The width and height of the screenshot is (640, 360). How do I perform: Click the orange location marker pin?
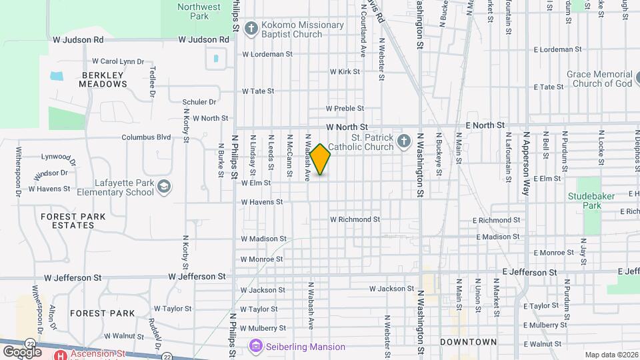(x=320, y=159)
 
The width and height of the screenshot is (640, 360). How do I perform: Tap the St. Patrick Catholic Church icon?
(x=403, y=141)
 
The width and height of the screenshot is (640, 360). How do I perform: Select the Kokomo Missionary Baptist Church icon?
(x=251, y=28)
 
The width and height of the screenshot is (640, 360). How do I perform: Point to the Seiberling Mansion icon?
(x=255, y=347)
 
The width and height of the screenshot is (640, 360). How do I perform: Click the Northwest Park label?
(x=199, y=11)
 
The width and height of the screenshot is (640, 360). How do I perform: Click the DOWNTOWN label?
(x=468, y=342)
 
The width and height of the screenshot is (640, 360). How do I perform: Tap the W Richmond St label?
(x=355, y=219)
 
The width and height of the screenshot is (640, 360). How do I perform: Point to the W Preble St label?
(x=345, y=108)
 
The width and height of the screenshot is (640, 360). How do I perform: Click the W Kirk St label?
(x=344, y=71)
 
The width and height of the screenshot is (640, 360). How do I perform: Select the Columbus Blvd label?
(x=146, y=137)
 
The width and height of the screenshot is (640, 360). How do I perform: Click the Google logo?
(x=22, y=351)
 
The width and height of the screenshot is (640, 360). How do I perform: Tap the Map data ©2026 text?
(x=610, y=355)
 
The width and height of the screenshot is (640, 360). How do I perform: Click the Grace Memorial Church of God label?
(x=599, y=79)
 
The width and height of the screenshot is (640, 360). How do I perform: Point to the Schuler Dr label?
(x=199, y=102)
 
